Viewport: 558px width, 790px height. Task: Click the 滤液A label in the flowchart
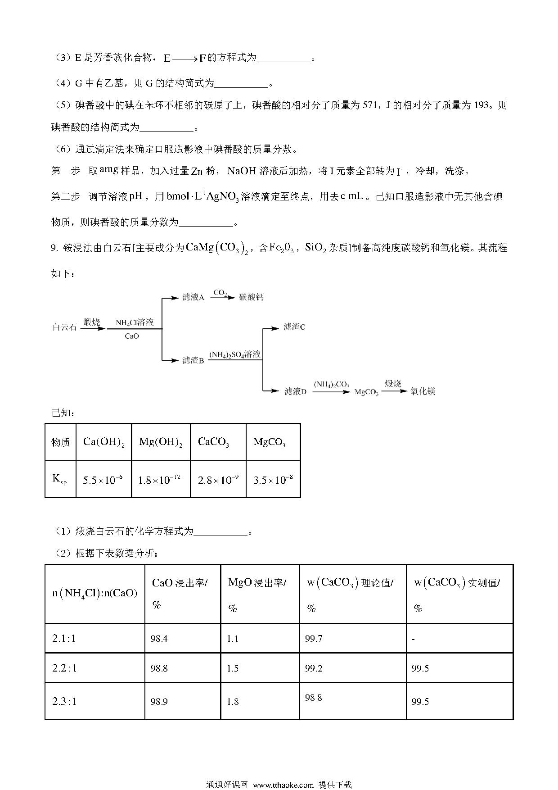[x=193, y=297]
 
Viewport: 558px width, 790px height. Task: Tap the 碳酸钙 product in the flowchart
[x=251, y=297]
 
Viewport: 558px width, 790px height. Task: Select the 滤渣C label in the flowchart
[x=294, y=327]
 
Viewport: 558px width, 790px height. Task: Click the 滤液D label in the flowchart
[x=295, y=391]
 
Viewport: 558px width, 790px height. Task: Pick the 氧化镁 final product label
[x=423, y=391]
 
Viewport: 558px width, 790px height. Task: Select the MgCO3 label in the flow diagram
[x=366, y=392]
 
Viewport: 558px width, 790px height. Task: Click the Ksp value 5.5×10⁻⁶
[x=103, y=480]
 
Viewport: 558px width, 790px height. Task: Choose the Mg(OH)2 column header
[x=161, y=442]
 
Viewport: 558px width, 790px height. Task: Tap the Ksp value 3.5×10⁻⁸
[x=273, y=480]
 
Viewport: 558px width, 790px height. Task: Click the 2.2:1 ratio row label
[x=65, y=668]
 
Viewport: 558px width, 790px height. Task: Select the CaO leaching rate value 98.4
[x=159, y=639]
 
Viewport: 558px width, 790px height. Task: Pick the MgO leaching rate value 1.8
[x=233, y=702]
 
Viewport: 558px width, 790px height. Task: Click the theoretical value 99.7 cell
[x=313, y=639]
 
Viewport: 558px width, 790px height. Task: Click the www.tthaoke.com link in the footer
[x=283, y=784]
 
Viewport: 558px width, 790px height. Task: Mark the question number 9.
[x=54, y=248]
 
